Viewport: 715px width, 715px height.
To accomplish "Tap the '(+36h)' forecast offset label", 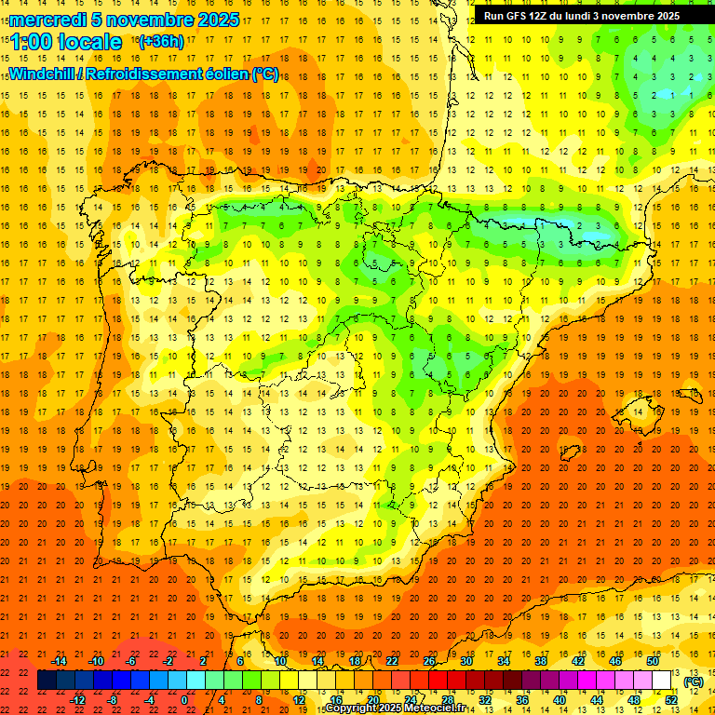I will point(160,42).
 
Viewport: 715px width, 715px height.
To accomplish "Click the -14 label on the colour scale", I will point(59,661).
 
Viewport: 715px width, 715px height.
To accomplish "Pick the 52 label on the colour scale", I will point(671,699).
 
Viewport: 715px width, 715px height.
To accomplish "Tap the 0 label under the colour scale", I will point(184,699).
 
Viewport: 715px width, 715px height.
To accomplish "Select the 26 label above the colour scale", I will point(428,661).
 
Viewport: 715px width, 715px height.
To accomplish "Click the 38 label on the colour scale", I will point(540,661).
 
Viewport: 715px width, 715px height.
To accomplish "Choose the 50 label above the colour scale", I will point(652,661).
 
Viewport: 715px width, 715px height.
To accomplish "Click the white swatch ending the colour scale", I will point(662,681).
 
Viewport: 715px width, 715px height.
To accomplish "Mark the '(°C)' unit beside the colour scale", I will point(693,682).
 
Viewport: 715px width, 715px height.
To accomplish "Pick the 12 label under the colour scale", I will point(298,699).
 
